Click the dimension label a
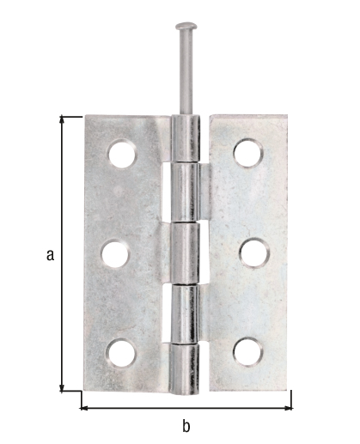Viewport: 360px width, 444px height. coord(50,254)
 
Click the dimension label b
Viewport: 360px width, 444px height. coord(186,425)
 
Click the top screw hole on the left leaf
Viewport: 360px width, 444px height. coord(122,155)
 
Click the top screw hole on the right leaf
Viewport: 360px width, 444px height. coord(247,152)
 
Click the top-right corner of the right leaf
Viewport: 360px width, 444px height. coord(290,117)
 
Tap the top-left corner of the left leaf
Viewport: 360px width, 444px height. coord(84,118)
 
